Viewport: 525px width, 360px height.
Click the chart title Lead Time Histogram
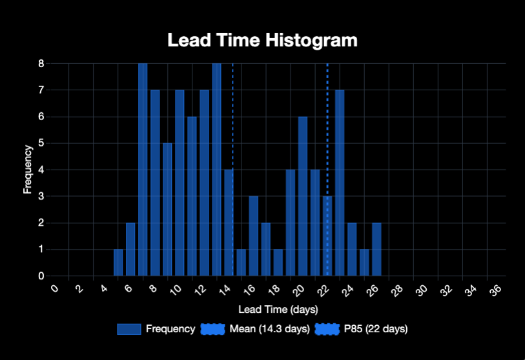tap(262, 40)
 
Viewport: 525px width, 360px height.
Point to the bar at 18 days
tap(278, 263)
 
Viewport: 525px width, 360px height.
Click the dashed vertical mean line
tap(232, 129)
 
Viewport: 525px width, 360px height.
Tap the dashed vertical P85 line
tap(327, 129)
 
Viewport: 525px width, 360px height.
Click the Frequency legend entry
tap(156, 329)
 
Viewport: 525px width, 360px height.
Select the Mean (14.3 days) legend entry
tap(255, 329)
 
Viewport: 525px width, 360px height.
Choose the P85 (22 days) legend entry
tap(361, 329)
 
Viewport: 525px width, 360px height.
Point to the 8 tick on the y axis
tap(41, 63)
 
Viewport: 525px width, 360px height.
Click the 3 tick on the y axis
tap(41, 196)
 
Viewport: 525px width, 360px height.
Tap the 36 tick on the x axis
tap(496, 291)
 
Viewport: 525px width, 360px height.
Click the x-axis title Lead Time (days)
tap(278, 310)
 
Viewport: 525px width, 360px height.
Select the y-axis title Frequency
tap(28, 170)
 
